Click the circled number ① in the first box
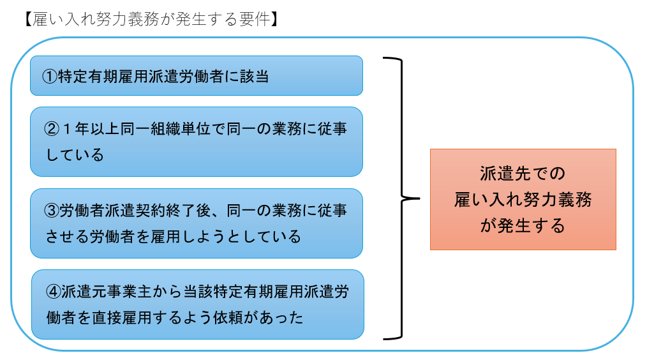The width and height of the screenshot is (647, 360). pyautogui.click(x=50, y=77)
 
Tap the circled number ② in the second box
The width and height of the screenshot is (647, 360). pyautogui.click(x=51, y=128)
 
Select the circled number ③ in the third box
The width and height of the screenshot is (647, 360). pyautogui.click(x=51, y=211)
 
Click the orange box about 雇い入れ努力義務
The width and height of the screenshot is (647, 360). pyautogui.click(x=523, y=199)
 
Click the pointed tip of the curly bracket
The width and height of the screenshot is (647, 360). pyautogui.click(x=418, y=198)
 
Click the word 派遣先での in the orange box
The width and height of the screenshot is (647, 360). pyautogui.click(x=523, y=174)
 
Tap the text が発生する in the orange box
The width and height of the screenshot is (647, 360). pyautogui.click(x=523, y=226)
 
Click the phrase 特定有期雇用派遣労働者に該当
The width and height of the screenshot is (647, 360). pyautogui.click(x=163, y=77)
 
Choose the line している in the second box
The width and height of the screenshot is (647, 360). pyautogui.click(x=75, y=154)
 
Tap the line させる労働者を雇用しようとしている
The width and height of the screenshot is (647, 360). pyautogui.click(x=174, y=237)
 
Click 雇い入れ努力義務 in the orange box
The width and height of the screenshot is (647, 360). pyautogui.click(x=523, y=200)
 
